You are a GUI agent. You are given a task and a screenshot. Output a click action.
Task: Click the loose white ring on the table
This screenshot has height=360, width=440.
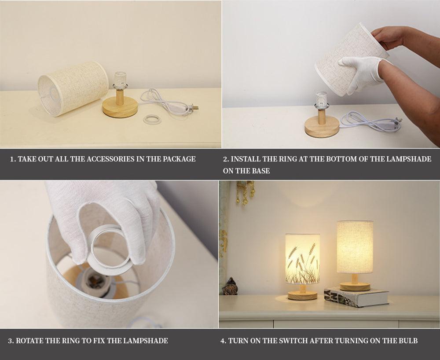click(152, 119)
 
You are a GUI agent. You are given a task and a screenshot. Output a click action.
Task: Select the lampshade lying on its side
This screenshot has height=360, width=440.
click(73, 88)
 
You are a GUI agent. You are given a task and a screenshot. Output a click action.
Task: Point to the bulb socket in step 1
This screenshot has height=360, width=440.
click(120, 81)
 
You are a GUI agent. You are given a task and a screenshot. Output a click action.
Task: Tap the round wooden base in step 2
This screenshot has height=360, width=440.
click(322, 126)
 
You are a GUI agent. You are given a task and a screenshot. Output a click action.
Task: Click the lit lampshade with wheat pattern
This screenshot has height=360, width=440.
click(302, 259)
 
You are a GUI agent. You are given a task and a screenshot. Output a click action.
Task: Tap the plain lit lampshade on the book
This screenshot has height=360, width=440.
click(355, 247)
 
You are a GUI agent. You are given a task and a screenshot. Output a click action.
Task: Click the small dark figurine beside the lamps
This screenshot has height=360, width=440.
click(230, 287)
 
